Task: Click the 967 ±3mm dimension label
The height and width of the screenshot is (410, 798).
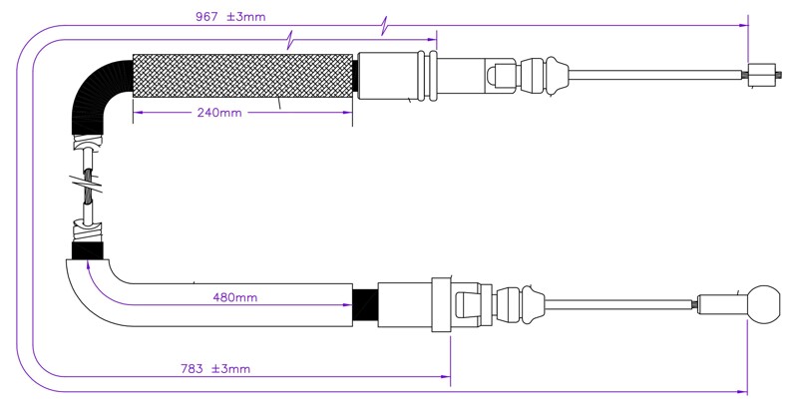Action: [x=230, y=16]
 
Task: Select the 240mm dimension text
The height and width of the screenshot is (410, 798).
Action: [x=219, y=113]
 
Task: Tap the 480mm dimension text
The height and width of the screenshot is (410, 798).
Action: [x=235, y=297]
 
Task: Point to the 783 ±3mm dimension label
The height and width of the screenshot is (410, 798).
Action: [x=215, y=369]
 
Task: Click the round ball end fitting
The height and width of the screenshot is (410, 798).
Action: [x=763, y=303]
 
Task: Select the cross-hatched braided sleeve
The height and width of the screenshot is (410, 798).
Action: [x=242, y=76]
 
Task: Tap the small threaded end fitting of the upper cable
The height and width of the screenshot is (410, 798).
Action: [x=763, y=75]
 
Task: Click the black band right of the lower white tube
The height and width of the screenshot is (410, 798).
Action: [x=365, y=304]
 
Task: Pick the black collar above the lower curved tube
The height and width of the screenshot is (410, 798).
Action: [x=88, y=250]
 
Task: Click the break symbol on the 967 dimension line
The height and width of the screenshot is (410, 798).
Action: [x=385, y=26]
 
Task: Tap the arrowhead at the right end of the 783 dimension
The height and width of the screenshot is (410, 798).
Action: [x=446, y=377]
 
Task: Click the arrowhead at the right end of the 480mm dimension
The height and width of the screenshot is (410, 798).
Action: [x=347, y=305]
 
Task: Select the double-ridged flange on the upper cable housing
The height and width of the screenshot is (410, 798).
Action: [x=427, y=75]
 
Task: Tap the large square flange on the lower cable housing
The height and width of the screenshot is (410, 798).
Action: [x=441, y=304]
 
